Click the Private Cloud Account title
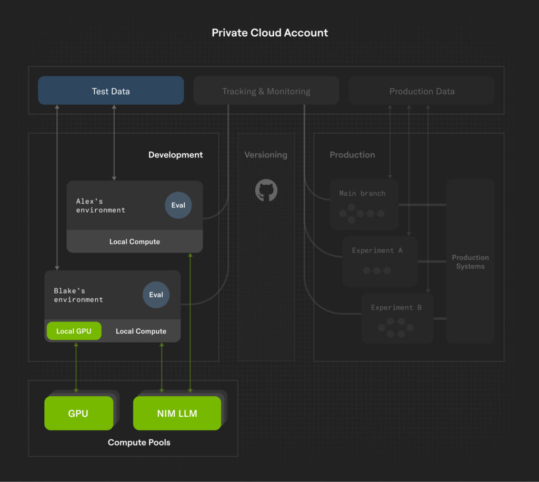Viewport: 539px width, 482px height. [x=269, y=33]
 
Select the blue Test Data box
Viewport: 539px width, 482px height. [x=111, y=91]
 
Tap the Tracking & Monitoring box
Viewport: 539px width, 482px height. [x=266, y=91]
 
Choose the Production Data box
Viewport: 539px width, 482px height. [x=422, y=91]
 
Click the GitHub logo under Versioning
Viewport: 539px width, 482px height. [x=266, y=190]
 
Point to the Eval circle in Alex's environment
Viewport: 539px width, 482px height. [x=178, y=205]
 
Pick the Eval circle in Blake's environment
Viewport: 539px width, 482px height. [x=156, y=295]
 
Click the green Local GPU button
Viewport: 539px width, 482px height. [x=74, y=331]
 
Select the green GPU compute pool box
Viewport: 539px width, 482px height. [x=78, y=413]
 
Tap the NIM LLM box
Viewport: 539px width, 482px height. [x=177, y=413]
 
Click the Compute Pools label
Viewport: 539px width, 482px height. [x=139, y=443]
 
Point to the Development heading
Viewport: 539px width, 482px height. [x=175, y=155]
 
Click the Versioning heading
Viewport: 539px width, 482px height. [x=266, y=155]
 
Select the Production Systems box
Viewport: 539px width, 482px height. [x=470, y=262]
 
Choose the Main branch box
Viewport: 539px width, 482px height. [x=364, y=204]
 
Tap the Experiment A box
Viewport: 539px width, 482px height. [x=379, y=261]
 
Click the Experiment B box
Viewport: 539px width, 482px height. [x=397, y=318]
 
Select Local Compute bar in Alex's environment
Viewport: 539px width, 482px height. [x=135, y=242]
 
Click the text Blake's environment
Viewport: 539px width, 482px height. [x=78, y=295]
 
